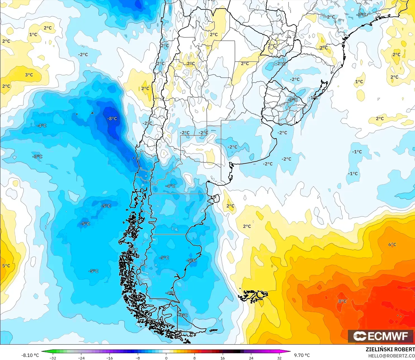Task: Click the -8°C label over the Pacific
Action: (112, 119)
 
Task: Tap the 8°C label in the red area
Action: (342, 301)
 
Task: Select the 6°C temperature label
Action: (392, 244)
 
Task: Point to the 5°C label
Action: (6, 266)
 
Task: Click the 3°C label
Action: (29, 75)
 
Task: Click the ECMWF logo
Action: (381, 336)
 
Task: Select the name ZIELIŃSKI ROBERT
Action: (390, 349)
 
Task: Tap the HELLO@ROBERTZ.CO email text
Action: (391, 356)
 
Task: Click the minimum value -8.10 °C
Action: (30, 355)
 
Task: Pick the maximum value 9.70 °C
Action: (302, 355)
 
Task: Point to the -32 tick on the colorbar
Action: (53, 358)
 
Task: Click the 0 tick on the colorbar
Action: (166, 358)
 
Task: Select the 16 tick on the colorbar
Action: (223, 358)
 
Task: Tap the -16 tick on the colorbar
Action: (110, 358)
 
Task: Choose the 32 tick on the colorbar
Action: (279, 358)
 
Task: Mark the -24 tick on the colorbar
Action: (81, 358)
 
